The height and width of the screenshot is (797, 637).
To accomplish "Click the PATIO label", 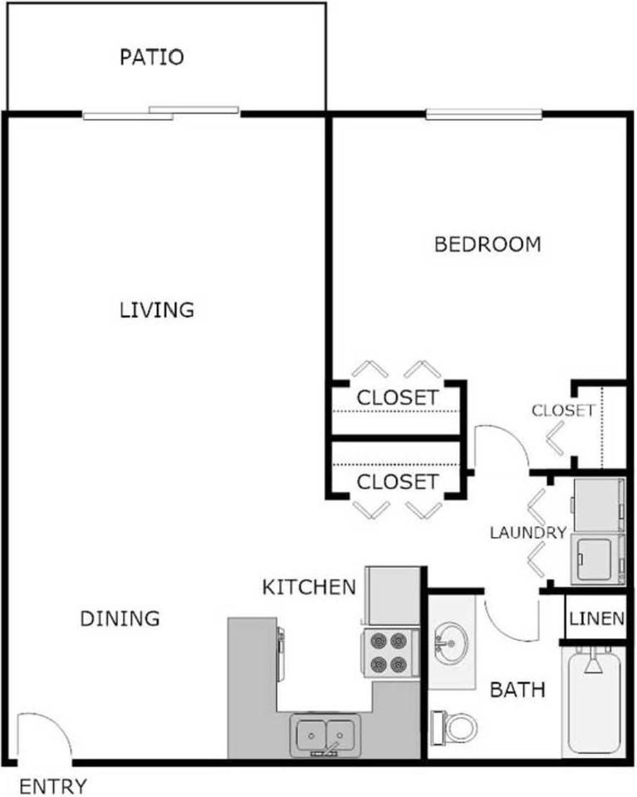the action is point(151,57).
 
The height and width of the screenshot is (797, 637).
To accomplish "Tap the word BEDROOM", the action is point(488,244).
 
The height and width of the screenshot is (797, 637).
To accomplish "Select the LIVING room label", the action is point(157,310).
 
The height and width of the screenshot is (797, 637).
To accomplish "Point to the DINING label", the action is point(120,618).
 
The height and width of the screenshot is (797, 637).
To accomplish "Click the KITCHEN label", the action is point(309,587).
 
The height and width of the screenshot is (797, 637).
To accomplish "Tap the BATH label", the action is point(517,690).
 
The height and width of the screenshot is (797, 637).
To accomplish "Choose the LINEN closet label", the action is point(596,618).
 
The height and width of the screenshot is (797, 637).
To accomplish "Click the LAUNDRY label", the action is point(528,533).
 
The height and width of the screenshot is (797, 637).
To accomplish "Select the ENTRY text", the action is point(53,786).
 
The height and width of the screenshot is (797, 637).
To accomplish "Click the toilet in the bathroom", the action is point(454,727).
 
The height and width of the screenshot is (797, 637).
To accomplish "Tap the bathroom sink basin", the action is point(451,643).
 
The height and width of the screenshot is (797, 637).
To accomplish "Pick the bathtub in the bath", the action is point(593,701).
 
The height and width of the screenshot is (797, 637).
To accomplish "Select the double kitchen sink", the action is point(326,735).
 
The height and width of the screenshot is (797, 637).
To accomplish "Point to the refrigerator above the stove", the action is point(393,596).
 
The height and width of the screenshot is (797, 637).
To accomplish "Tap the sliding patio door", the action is point(160,113).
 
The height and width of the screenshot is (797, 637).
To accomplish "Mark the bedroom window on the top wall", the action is point(483,114).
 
